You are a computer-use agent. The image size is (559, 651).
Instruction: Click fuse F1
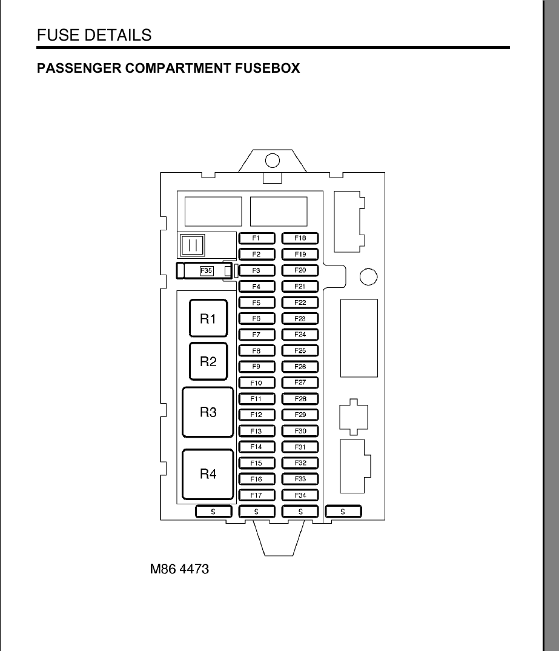coord(257,238)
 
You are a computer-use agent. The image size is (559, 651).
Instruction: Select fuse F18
coord(300,238)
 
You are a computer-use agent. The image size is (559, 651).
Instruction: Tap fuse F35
coord(204,271)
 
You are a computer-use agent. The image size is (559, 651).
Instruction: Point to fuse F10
coord(257,383)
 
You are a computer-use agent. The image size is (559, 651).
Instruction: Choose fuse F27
coord(300,383)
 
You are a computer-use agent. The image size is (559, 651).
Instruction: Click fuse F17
coord(257,495)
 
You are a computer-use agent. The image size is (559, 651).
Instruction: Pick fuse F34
coord(300,495)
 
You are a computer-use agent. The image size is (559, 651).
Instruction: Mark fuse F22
coord(300,302)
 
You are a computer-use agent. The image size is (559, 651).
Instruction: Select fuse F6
coord(257,319)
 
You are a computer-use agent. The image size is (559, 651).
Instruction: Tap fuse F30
coord(300,431)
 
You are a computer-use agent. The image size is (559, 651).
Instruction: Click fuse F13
coord(257,431)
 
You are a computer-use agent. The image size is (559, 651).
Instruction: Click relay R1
coord(208,318)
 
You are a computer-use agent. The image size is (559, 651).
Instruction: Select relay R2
coord(208,361)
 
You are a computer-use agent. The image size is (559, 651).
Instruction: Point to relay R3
coord(208,412)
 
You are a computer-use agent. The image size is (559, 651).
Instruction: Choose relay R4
coord(208,474)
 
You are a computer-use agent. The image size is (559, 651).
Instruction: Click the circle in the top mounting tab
coord(273,160)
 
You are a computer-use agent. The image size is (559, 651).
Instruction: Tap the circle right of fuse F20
coord(368,277)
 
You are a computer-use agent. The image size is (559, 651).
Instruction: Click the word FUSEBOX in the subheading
coord(268,68)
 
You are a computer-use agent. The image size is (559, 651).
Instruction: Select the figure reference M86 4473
coord(179,569)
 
